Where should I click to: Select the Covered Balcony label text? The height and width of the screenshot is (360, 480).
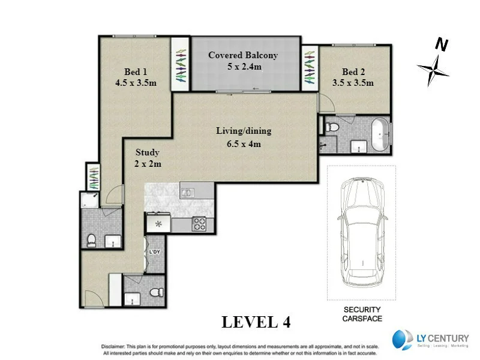click(x=243, y=55)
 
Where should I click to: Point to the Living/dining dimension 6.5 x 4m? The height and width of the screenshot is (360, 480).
click(x=244, y=143)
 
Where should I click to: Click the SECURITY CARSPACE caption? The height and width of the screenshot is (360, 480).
click(x=362, y=314)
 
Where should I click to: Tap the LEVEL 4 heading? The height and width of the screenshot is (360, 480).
click(x=256, y=322)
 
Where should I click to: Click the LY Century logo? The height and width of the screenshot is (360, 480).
click(x=430, y=340)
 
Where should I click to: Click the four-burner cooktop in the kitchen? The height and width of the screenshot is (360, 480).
click(x=199, y=224)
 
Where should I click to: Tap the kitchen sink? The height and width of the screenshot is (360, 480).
click(x=187, y=193)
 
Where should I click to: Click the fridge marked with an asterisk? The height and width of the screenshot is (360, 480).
click(x=159, y=224)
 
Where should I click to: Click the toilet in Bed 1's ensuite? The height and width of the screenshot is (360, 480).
click(x=91, y=241)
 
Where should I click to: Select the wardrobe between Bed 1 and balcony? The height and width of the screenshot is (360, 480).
click(x=180, y=64)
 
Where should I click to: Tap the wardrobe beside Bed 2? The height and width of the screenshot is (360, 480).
click(x=310, y=67)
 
